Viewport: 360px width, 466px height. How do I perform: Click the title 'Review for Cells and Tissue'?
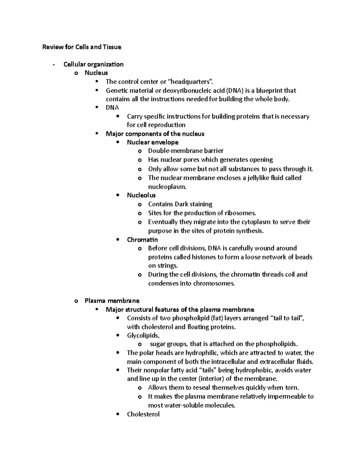(x=82, y=47)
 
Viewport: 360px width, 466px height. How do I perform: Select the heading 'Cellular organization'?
(x=93, y=64)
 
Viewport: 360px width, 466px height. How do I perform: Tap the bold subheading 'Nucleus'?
(x=96, y=73)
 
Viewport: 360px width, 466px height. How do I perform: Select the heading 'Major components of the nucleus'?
(x=155, y=134)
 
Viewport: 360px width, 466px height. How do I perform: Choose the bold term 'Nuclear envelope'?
(x=152, y=142)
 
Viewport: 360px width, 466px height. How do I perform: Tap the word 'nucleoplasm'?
(x=167, y=187)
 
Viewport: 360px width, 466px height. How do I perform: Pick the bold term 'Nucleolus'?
(x=141, y=195)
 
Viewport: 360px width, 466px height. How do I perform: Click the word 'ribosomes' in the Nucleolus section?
(x=241, y=213)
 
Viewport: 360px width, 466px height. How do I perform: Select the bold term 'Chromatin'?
(x=142, y=239)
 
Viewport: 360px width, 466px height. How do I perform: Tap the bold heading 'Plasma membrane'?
(x=112, y=301)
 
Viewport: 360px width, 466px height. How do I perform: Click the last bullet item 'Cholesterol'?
(x=143, y=414)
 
